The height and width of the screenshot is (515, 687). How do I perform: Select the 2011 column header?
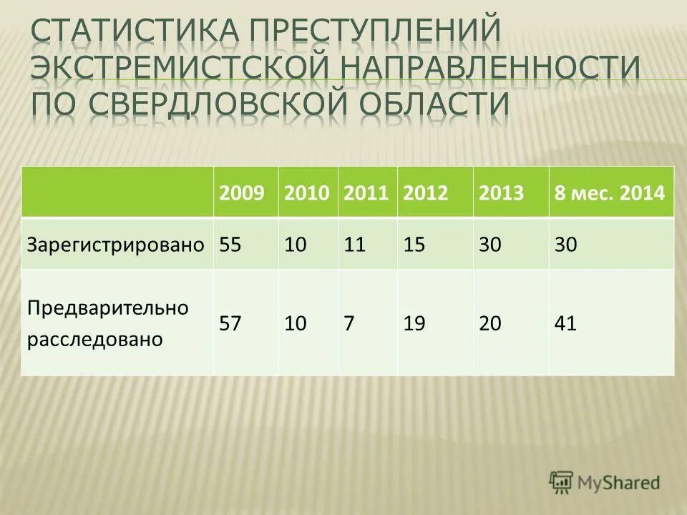pos(366,192)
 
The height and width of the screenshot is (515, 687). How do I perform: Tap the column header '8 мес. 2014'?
pos(610,192)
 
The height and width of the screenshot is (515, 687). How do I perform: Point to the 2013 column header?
pos(502,192)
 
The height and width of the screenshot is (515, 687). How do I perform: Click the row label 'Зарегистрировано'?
pos(116,245)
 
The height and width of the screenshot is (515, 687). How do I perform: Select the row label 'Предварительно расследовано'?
pos(98,323)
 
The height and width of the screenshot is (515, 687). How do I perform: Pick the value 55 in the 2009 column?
pos(230,245)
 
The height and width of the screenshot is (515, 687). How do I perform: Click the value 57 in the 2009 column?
pos(230,323)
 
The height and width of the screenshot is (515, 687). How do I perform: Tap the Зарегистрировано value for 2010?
pos(296,245)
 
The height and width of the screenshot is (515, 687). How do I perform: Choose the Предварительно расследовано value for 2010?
pos(296,323)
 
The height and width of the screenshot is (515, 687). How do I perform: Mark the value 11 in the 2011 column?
pos(355,245)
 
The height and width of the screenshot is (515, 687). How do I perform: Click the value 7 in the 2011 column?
pos(349,323)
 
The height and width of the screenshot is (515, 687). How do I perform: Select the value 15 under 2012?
pos(414,245)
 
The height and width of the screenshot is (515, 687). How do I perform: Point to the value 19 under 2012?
pos(414,323)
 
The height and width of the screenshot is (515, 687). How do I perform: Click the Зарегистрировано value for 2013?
pos(490,245)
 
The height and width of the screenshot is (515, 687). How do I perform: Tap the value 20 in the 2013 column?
pos(490,323)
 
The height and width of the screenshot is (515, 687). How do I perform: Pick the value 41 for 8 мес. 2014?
pos(565,323)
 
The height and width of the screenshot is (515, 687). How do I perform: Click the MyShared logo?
pos(605,482)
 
